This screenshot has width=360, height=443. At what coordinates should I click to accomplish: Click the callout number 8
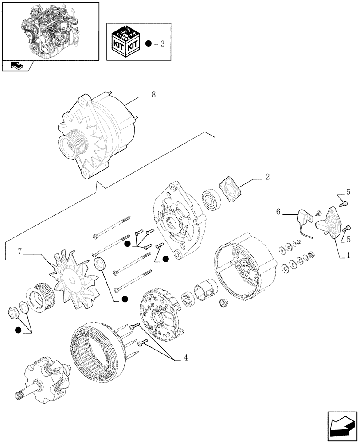click(153, 94)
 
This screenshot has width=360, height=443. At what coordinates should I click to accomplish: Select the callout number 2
click(267, 177)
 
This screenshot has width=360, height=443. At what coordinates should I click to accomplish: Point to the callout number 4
click(185, 358)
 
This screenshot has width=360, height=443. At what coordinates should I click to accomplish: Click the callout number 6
click(279, 212)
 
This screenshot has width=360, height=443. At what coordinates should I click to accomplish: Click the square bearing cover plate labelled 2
click(231, 190)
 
